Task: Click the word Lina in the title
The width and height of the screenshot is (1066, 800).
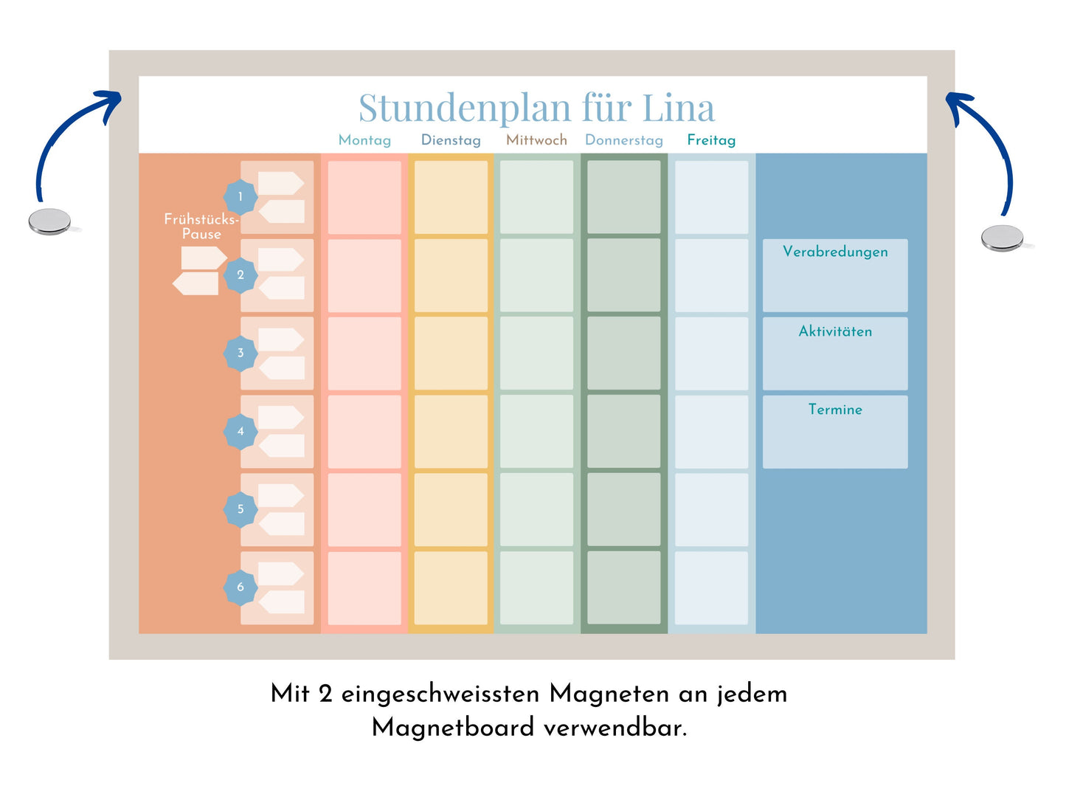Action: click(x=678, y=108)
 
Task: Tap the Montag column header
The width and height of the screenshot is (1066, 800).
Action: click(x=364, y=140)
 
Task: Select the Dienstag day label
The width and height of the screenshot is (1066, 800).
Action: click(x=451, y=140)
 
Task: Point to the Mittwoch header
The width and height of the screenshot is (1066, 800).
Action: click(x=536, y=140)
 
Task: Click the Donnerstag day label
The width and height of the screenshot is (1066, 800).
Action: click(x=623, y=140)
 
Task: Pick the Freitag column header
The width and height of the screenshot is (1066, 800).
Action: click(x=711, y=140)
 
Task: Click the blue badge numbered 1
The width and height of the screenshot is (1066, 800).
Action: click(x=240, y=197)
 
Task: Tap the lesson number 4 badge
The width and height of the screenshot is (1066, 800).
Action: click(x=240, y=431)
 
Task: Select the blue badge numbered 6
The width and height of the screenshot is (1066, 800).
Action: click(x=240, y=587)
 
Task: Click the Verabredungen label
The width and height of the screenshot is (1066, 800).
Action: click(x=835, y=252)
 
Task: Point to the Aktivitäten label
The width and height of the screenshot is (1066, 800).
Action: click(x=835, y=331)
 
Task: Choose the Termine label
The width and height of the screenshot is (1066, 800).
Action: click(x=835, y=410)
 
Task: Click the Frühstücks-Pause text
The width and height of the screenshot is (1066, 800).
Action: click(x=201, y=227)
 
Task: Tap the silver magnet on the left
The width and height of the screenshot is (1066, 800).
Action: click(x=49, y=221)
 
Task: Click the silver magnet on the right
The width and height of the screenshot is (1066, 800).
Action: click(x=1002, y=238)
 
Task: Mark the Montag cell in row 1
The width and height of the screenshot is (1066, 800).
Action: click(x=364, y=198)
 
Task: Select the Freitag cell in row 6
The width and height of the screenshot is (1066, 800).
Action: click(x=711, y=587)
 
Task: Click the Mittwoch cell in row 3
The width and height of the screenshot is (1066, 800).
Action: click(x=536, y=354)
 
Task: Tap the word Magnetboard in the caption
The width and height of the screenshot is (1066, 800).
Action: click(x=453, y=728)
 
